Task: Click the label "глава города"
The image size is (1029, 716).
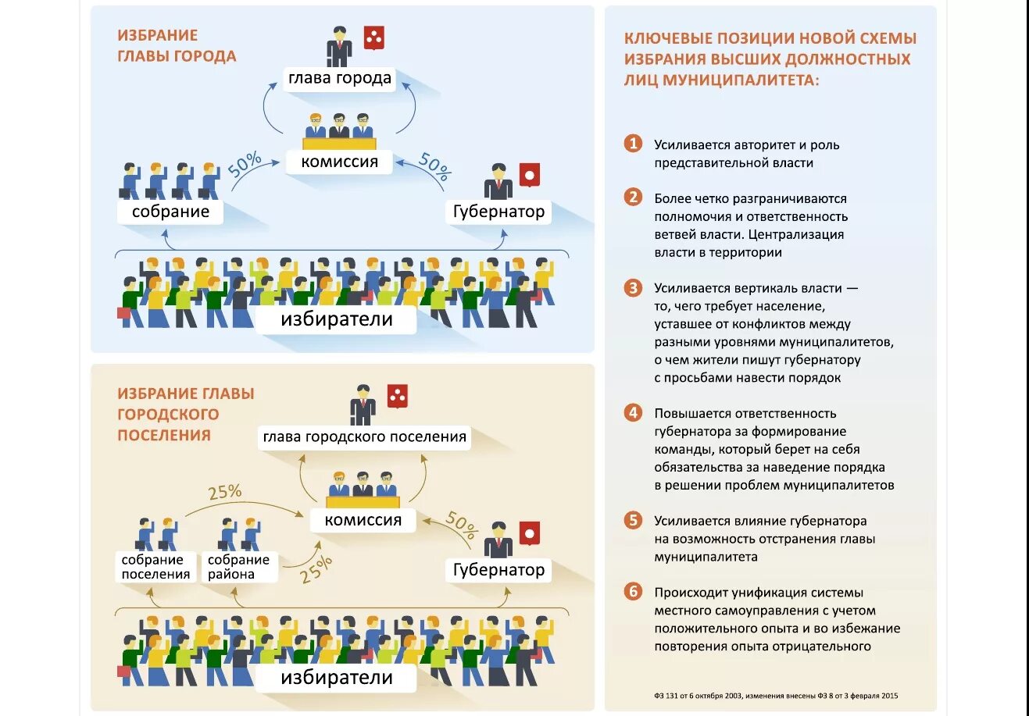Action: pos(339,78)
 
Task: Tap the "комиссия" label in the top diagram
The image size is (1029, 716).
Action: pos(339,162)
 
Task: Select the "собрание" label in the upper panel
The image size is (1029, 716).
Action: pos(170,212)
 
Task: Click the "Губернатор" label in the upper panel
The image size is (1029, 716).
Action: pos(498,212)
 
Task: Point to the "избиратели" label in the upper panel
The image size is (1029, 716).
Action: pos(337,319)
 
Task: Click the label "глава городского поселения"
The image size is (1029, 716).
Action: pos(364,437)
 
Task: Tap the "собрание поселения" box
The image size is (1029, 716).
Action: pos(155,567)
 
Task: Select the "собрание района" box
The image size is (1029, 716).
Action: pos(238,567)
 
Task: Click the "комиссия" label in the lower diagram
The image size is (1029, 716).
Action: pos(363,520)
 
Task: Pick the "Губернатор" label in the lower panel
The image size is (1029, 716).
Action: pos(498,570)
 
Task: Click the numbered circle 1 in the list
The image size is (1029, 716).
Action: pos(633,144)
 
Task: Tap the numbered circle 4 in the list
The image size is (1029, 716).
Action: pos(633,412)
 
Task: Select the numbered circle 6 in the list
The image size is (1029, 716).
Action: pos(633,591)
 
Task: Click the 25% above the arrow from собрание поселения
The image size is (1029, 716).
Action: pos(225,493)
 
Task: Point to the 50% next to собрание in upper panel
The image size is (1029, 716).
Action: pos(245,165)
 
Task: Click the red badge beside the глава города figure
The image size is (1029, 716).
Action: pos(374,37)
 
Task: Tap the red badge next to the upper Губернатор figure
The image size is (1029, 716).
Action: pos(530,175)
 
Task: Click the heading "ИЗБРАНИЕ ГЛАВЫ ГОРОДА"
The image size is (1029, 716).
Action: pos(177,45)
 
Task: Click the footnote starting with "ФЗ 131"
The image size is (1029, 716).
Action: pos(776,696)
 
